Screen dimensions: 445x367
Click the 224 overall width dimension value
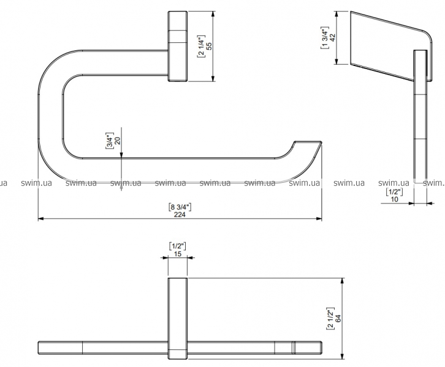coord(180,215)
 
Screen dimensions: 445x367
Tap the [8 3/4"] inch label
coord(180,207)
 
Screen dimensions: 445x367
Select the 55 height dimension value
coord(209,46)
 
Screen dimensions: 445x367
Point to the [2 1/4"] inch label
coord(201,46)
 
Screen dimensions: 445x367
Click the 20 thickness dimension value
coord(117,141)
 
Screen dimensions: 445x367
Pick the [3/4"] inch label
coord(110,141)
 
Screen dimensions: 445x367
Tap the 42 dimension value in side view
coord(332,38)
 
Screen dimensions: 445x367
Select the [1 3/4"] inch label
coord(325,38)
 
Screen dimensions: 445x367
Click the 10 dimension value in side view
coord(395,199)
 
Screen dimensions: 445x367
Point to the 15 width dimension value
coord(178,254)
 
